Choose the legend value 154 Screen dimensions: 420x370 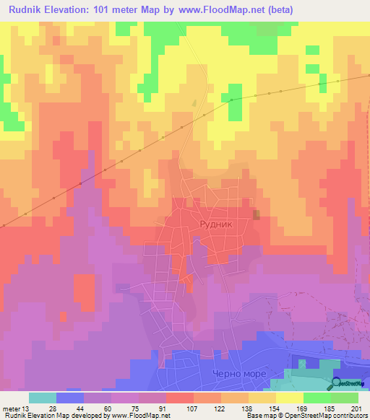pyautogui.click(x=276, y=408)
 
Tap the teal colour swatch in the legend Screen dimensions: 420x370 pyautogui.click(x=43, y=398)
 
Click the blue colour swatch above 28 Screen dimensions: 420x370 pyautogui.click(x=70, y=398)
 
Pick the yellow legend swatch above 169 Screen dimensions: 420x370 pyautogui.click(x=290, y=398)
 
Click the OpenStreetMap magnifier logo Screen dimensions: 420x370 pyautogui.click(x=338, y=384)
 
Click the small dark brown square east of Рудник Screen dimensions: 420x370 pyautogui.click(x=257, y=215)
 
